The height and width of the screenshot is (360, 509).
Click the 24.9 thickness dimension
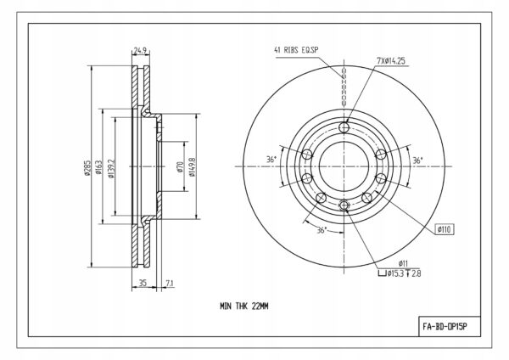141,51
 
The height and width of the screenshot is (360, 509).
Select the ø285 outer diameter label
87,167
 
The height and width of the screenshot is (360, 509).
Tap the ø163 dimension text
98,166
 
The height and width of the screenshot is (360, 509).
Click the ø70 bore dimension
180,166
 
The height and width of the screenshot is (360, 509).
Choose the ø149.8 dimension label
193,167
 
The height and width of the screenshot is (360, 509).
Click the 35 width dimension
143,283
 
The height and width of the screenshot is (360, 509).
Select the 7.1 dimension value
170,284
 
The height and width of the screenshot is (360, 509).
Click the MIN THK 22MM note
244,306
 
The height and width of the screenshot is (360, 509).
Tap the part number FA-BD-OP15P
445,326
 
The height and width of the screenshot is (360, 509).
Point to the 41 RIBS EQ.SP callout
296,50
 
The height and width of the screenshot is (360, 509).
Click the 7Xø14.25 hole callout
391,61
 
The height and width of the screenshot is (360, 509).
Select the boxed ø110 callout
445,229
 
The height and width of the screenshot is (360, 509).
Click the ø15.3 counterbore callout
400,273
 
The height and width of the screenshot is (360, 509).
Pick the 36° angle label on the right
417,160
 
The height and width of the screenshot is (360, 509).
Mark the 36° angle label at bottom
322,230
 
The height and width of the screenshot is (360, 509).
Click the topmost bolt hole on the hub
344,127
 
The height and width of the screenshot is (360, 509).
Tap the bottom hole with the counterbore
344,205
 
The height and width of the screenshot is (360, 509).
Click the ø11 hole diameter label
403,263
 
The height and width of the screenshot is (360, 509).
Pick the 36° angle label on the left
271,160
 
